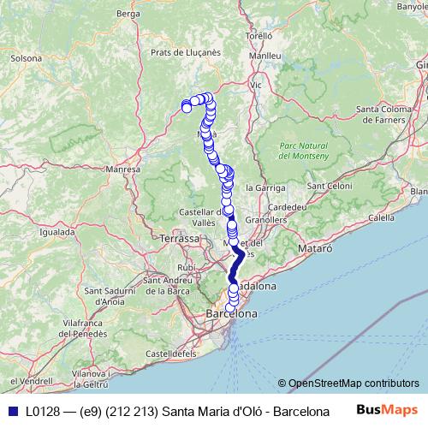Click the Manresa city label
pyautogui.click(x=122, y=170)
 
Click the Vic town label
pyautogui.click(x=255, y=86)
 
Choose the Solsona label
pyautogui.click(x=26, y=59)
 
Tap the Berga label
pyautogui.click(x=128, y=14)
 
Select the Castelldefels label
pyautogui.click(x=170, y=352)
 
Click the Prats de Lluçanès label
pyautogui.click(x=186, y=52)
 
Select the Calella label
pyautogui.click(x=381, y=218)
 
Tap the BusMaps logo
pyautogui.click(x=387, y=411)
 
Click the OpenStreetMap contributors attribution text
pyautogui.click(x=354, y=383)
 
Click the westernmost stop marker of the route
pyautogui.click(x=187, y=107)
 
